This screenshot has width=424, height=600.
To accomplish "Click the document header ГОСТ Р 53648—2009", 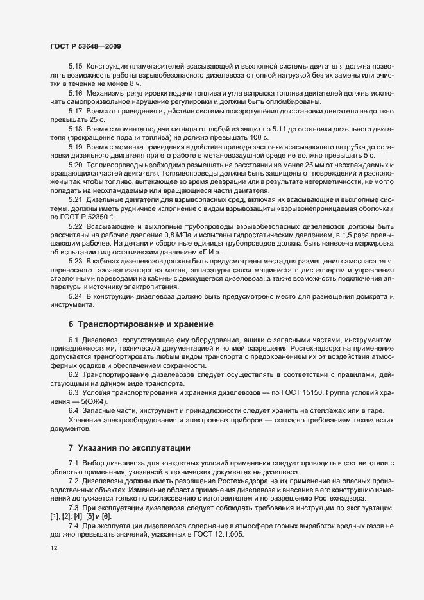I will click(85, 46).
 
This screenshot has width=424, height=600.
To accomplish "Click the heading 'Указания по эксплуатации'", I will click(136, 447).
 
